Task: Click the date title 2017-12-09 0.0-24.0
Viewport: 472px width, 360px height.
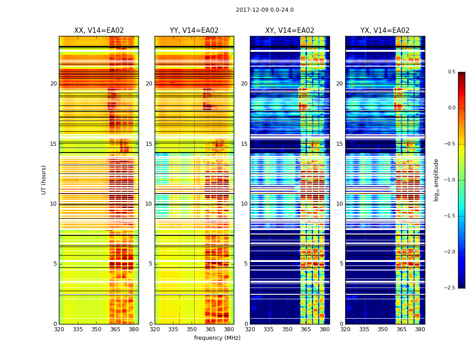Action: pyautogui.click(x=265, y=10)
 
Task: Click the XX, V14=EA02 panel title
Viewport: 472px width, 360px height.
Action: pyautogui.click(x=99, y=31)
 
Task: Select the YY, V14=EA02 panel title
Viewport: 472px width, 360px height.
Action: pyautogui.click(x=194, y=31)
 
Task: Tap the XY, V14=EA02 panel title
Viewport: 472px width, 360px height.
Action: pyautogui.click(x=289, y=31)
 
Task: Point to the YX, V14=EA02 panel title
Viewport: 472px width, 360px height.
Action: pyautogui.click(x=385, y=31)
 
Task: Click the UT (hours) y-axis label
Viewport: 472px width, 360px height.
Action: pyautogui.click(x=44, y=180)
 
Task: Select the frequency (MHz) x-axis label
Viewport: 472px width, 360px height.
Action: pyautogui.click(x=217, y=338)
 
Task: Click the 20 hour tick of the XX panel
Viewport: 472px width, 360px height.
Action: pyautogui.click(x=53, y=84)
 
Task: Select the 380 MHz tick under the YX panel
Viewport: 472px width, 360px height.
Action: pyautogui.click(x=420, y=329)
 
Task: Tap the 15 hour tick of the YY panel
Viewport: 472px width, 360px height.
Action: pyautogui.click(x=149, y=144)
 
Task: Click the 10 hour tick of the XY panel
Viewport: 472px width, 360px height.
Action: pyautogui.click(x=244, y=204)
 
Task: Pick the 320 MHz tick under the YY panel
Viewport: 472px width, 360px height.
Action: pyautogui.click(x=155, y=329)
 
